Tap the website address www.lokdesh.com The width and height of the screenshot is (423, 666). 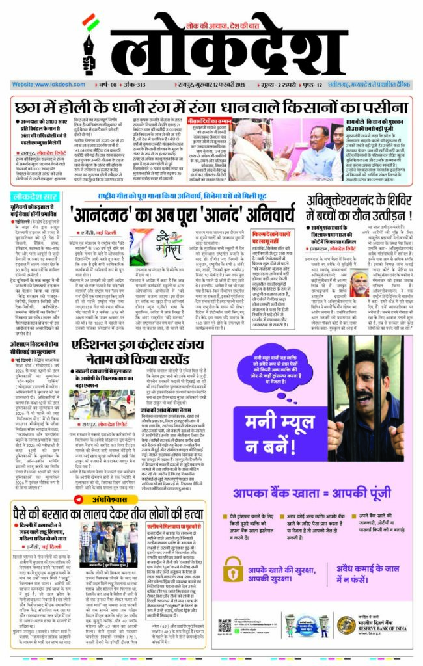pos(42,85)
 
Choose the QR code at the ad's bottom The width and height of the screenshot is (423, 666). pos(225,630)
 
